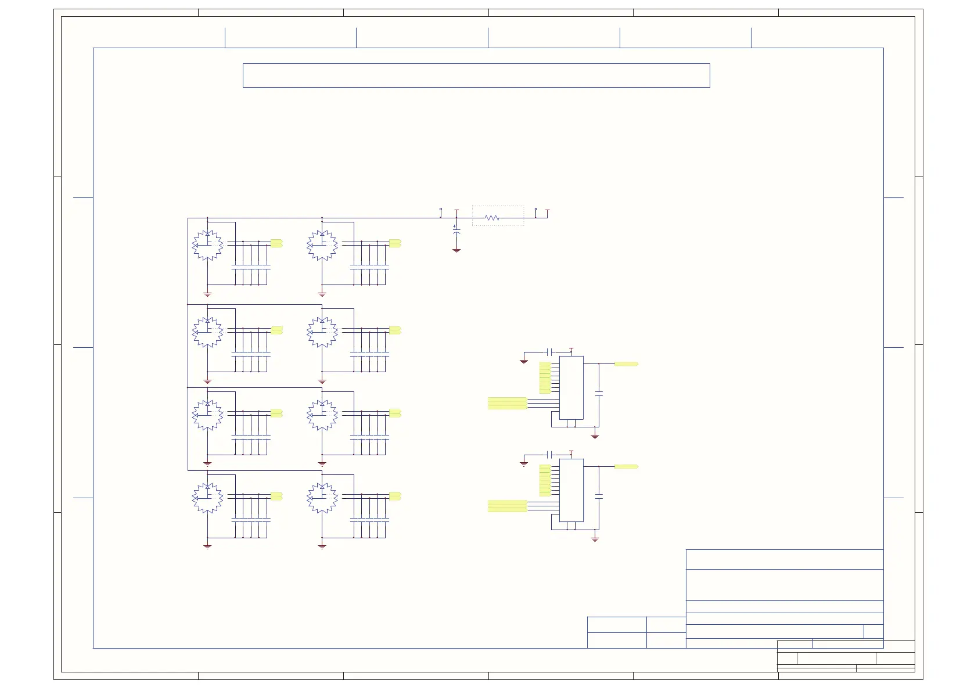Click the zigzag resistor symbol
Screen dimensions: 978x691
click(492, 218)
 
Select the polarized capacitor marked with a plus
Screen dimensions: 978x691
click(456, 231)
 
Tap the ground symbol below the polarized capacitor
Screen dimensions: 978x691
click(456, 251)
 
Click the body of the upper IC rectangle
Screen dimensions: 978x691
click(571, 387)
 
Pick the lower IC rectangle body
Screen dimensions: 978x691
click(571, 490)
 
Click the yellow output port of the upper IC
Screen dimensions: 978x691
click(626, 364)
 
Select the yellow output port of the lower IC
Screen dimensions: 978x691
click(626, 466)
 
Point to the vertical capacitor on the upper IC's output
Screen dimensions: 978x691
click(599, 394)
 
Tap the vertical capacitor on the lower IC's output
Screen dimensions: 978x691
click(599, 497)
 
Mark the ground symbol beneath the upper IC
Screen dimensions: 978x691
click(595, 436)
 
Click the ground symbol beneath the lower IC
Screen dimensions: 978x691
click(595, 539)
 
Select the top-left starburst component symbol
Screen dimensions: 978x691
click(207, 246)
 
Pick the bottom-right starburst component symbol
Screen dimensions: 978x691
click(322, 498)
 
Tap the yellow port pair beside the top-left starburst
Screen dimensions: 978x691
click(276, 243)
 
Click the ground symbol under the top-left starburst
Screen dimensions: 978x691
click(207, 294)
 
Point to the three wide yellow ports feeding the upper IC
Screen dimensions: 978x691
click(507, 403)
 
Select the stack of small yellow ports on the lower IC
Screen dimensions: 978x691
click(545, 480)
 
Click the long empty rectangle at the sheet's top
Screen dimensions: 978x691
click(476, 75)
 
